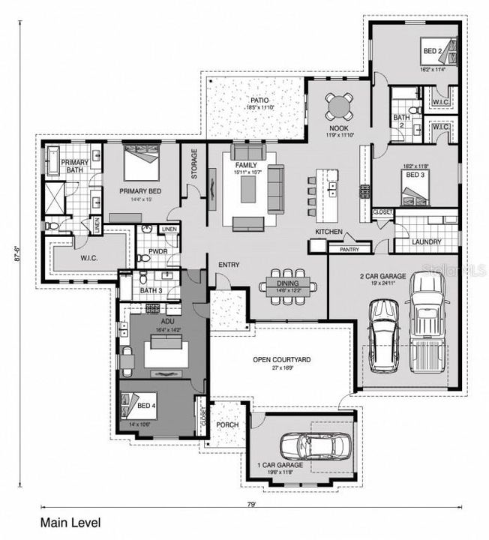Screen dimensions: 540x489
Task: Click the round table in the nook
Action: [x=340, y=106]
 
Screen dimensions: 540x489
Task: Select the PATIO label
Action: [x=259, y=100]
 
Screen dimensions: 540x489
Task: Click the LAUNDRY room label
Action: [x=426, y=242]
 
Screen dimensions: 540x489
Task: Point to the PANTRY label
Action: [x=349, y=249]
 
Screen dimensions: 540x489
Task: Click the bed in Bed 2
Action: [x=436, y=52]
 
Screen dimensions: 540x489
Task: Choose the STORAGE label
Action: [x=194, y=163]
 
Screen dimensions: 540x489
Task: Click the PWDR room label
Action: [x=157, y=252]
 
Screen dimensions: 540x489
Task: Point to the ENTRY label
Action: [x=229, y=265]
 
